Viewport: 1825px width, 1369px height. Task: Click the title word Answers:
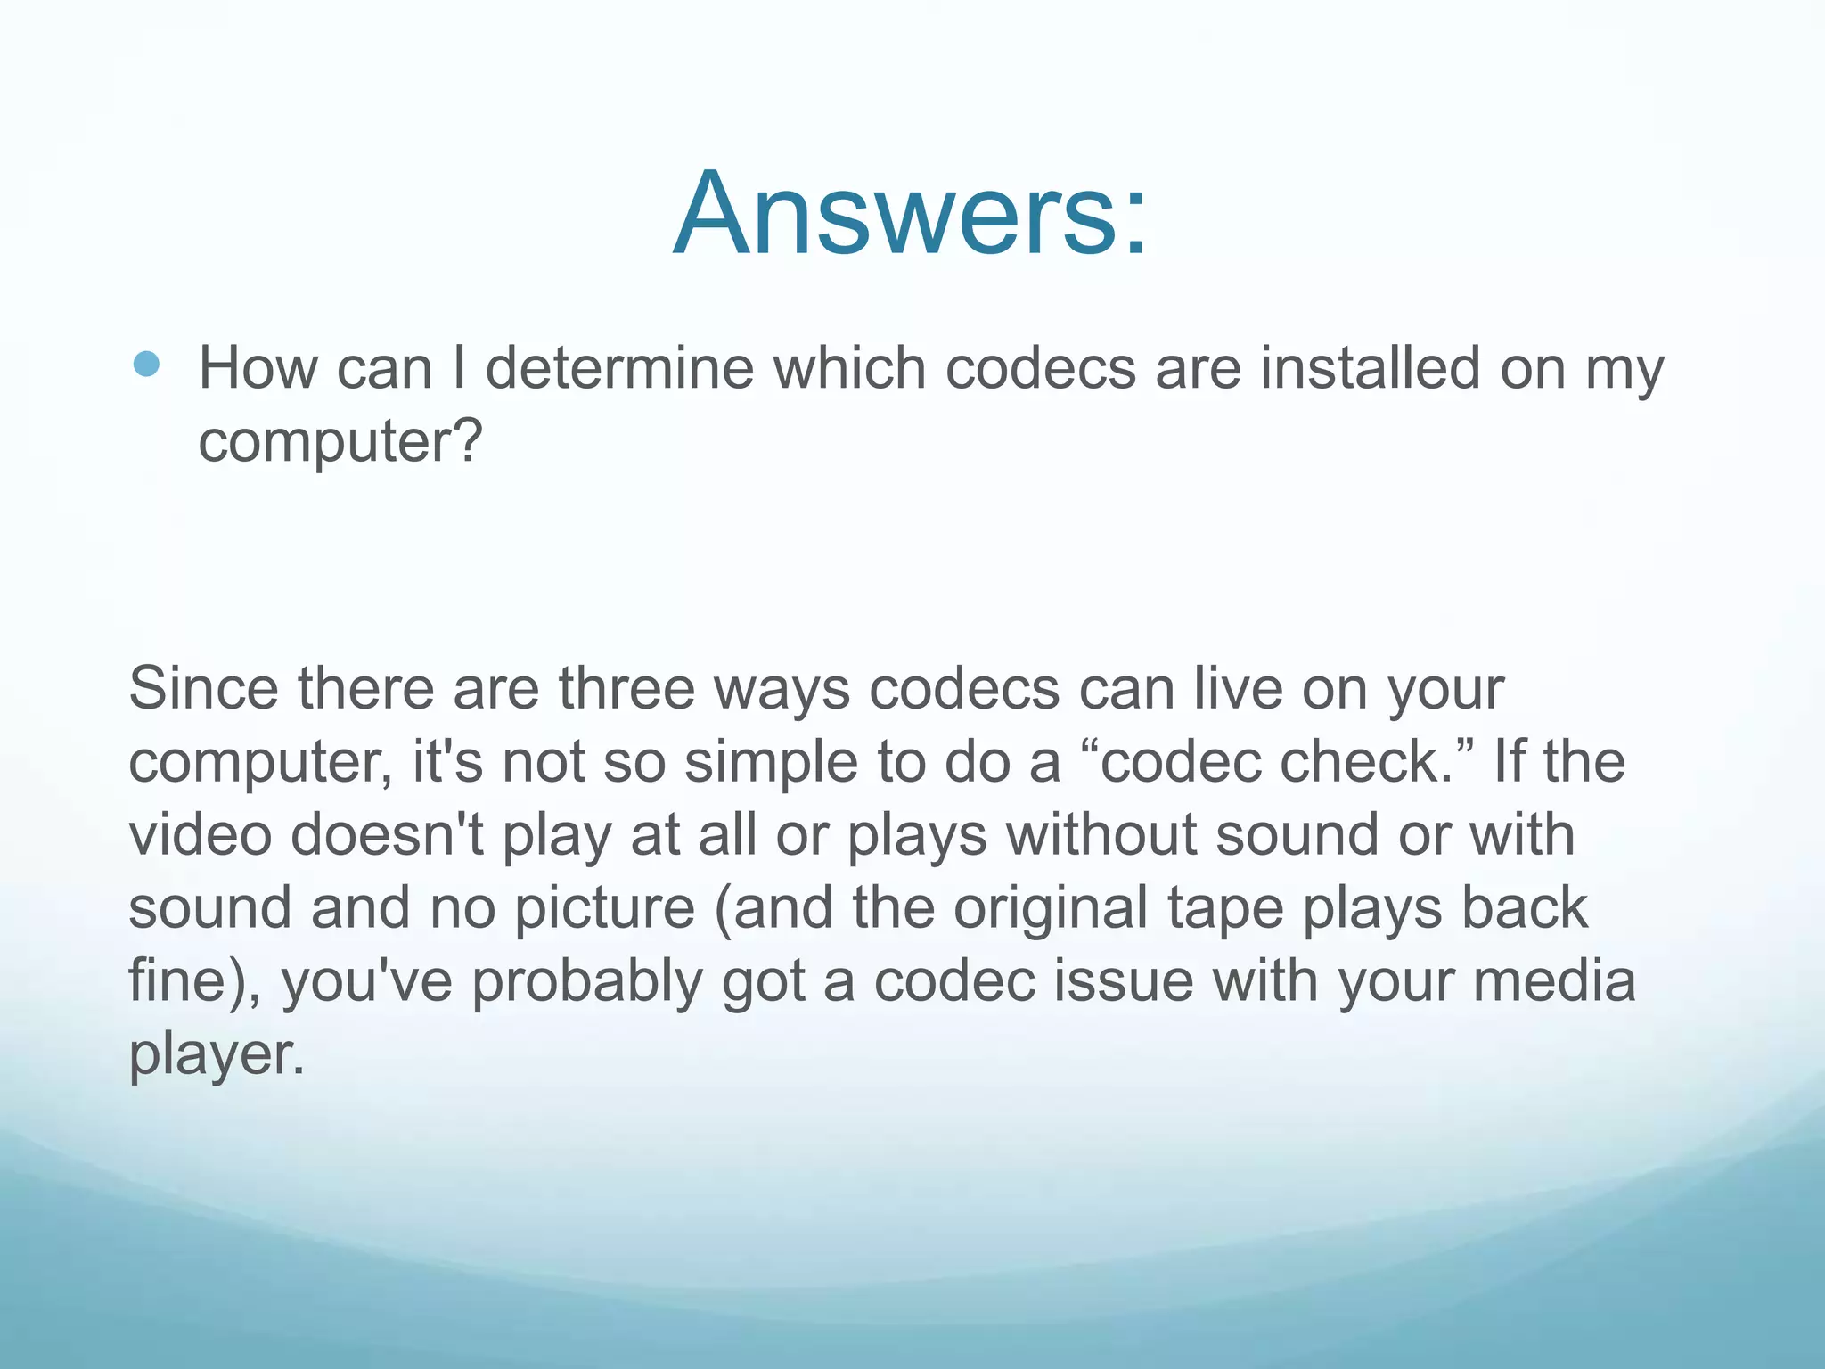tap(911, 214)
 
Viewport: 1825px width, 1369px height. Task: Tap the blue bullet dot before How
tap(146, 364)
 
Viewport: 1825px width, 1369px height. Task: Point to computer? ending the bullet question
tap(340, 442)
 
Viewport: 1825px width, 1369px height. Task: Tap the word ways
tap(782, 690)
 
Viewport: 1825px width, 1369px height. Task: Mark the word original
tap(1051, 909)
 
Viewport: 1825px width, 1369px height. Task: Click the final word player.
tap(217, 1055)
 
